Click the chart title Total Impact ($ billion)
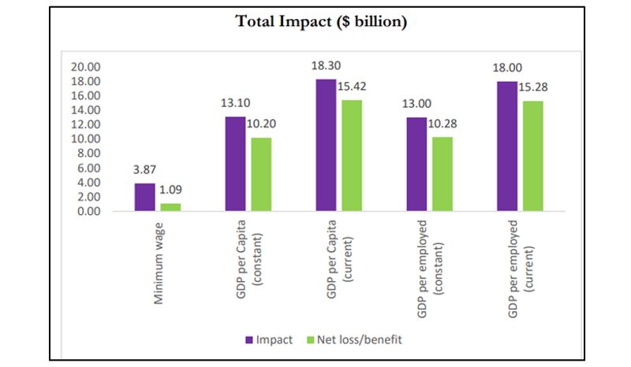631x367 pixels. click(x=322, y=22)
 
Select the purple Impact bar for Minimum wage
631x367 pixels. click(x=145, y=197)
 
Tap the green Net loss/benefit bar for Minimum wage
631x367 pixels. click(x=170, y=207)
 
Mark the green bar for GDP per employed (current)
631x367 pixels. click(x=532, y=156)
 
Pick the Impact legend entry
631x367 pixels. click(x=271, y=340)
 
